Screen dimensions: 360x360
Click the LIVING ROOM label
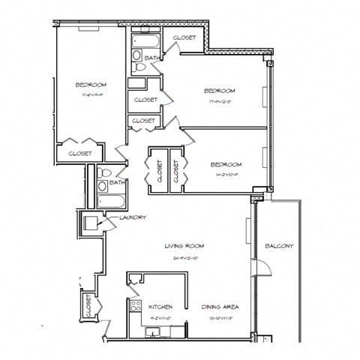[184, 245]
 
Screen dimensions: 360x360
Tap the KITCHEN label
[161, 307]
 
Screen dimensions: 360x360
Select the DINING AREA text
[220, 307]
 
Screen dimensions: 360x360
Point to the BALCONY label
[279, 246]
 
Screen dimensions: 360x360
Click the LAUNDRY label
[132, 217]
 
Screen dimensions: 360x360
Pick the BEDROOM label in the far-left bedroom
[90, 85]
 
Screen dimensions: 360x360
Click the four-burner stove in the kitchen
[136, 306]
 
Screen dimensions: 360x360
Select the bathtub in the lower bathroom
[110, 200]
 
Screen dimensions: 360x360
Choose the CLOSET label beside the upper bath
[185, 37]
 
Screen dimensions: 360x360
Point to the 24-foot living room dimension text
[184, 256]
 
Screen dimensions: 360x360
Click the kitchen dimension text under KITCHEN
[161, 316]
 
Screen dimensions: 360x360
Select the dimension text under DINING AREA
[220, 316]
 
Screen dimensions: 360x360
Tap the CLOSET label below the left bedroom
[80, 153]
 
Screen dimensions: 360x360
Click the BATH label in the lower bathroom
[116, 182]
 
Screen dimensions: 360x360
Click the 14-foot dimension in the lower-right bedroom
[225, 175]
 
